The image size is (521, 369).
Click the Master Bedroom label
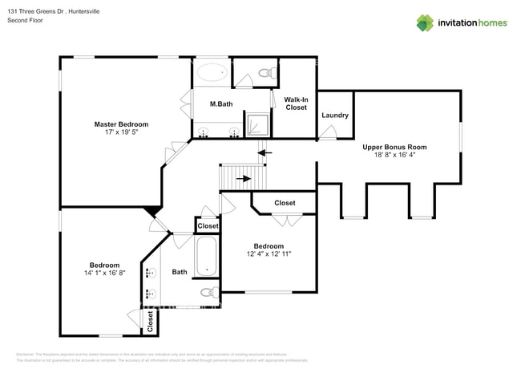point(121,124)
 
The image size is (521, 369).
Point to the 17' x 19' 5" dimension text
point(121,134)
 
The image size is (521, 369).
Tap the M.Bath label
point(221,104)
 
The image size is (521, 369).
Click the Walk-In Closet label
point(296,103)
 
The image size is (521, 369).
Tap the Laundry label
point(335,116)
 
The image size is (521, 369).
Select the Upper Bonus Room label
point(394,147)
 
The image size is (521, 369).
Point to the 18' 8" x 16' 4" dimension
point(394,156)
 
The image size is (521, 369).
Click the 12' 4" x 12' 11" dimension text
point(269,255)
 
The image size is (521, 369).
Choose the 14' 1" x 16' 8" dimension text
point(104,274)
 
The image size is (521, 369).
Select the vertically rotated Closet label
point(150,322)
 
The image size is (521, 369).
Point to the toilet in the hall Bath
point(208,292)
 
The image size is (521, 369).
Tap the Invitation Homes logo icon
point(425,22)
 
